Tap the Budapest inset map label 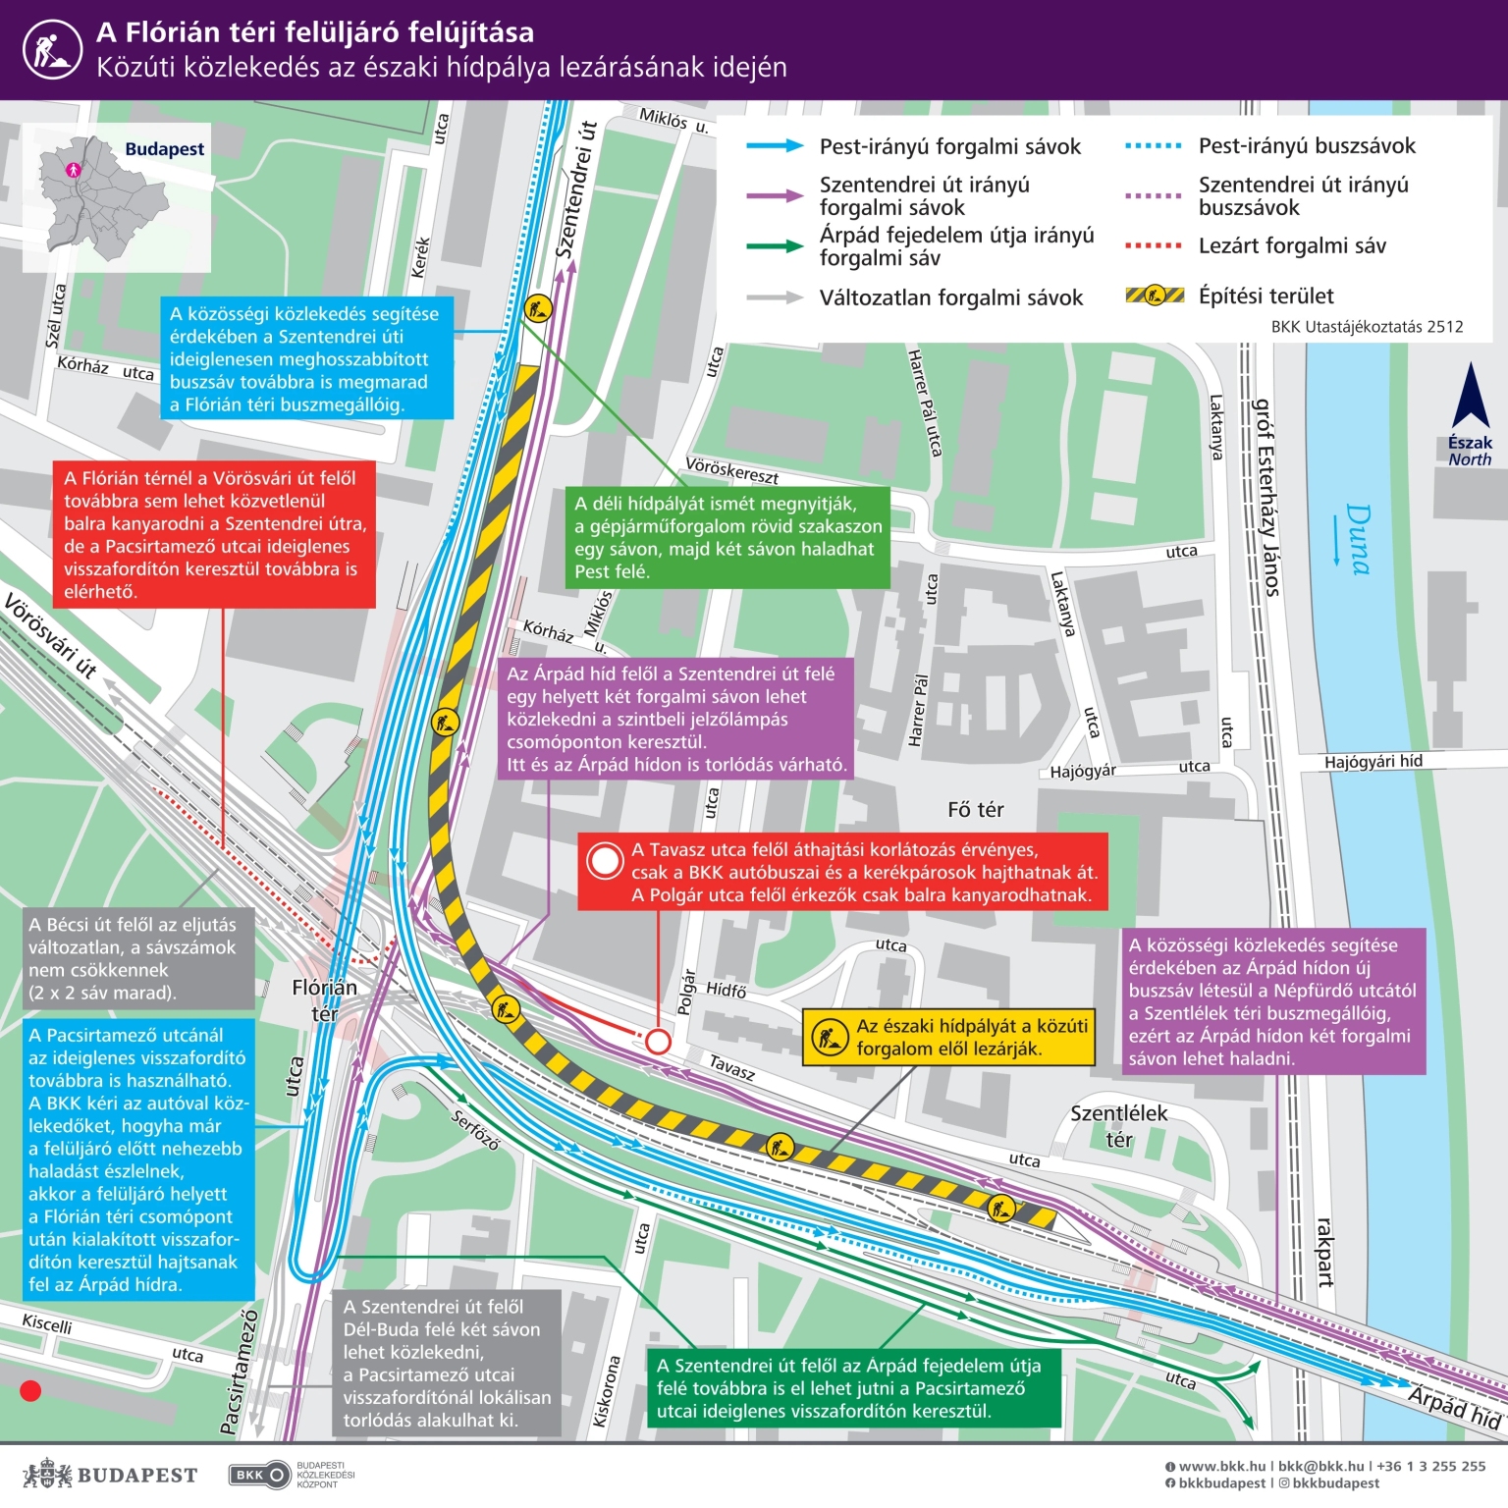point(164,149)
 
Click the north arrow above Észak point(1470,396)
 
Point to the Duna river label point(1356,539)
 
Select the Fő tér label point(975,809)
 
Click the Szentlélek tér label point(1118,1126)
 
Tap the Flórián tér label point(325,1000)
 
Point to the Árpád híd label point(1455,1408)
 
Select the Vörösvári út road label point(51,636)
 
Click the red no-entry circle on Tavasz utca point(657,1041)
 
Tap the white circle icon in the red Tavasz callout point(605,861)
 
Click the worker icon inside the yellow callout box point(829,1037)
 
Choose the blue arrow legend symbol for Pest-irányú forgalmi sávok point(775,146)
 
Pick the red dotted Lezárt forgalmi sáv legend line point(1154,245)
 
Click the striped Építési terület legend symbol point(1155,295)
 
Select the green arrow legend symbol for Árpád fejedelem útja point(775,246)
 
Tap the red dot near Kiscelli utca point(30,1390)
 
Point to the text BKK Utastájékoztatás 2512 point(1367,327)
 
